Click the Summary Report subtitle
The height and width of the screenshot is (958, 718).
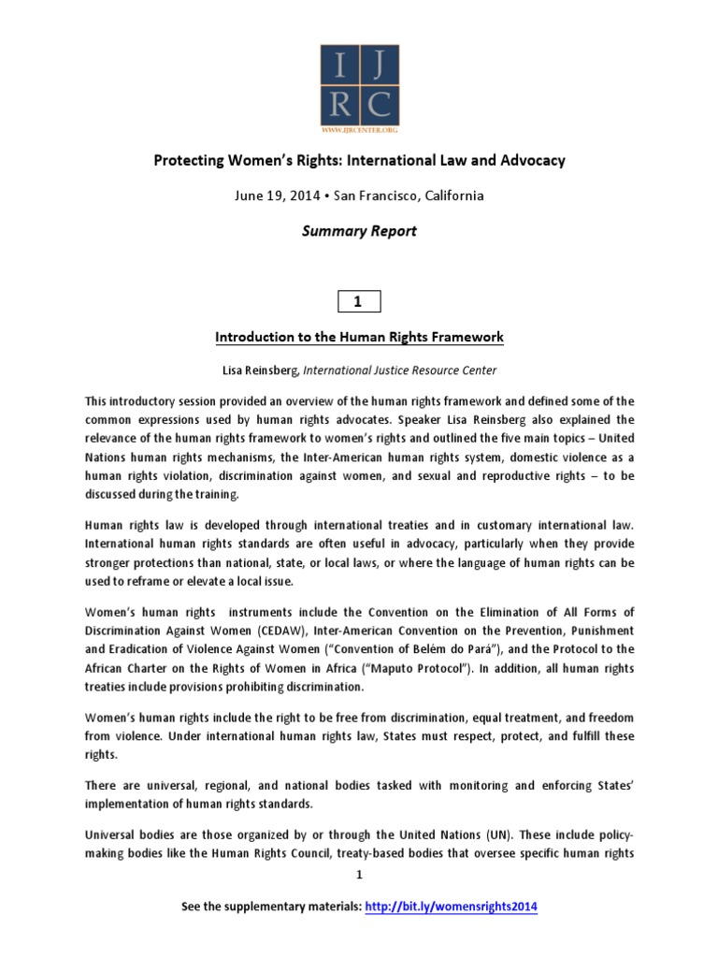coord(359,232)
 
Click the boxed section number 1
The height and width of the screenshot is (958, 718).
coord(359,300)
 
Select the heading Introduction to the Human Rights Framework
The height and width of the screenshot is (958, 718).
coord(359,337)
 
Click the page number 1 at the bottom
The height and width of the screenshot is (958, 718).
coord(359,875)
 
